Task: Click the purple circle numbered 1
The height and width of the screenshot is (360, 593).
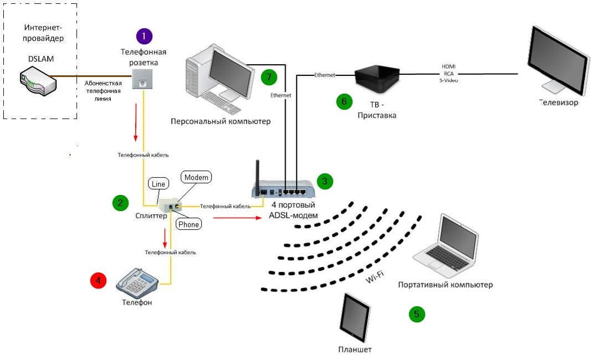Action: click(x=144, y=37)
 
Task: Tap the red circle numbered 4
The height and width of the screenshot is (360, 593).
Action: click(x=98, y=281)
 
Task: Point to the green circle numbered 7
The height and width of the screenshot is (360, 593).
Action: click(x=269, y=76)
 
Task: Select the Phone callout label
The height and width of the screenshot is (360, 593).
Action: click(x=188, y=224)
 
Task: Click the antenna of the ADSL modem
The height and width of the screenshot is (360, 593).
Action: click(x=258, y=174)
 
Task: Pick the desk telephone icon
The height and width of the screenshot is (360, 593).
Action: click(x=137, y=282)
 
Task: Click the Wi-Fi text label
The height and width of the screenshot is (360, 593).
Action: click(x=375, y=277)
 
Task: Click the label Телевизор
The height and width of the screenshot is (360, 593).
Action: click(x=559, y=102)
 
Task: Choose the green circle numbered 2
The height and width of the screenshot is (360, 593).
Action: click(x=120, y=203)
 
